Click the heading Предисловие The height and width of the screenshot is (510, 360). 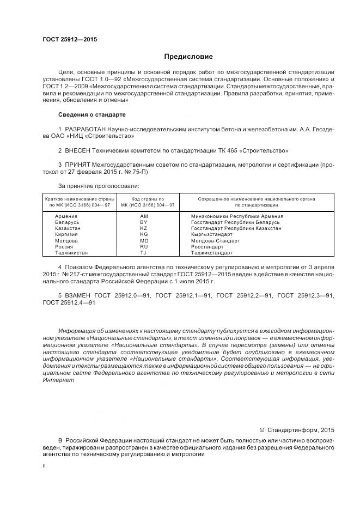coord(188,57)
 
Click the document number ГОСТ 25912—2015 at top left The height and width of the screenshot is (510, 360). coord(66,39)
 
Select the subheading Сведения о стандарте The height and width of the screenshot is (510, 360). coord(92,115)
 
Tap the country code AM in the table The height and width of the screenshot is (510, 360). coord(144,216)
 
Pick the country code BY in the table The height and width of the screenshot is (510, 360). coord(144,222)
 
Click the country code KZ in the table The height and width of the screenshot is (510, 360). coord(144,228)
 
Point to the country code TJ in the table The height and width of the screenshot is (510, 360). coord(144,253)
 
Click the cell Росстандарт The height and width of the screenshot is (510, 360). coord(207,247)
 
